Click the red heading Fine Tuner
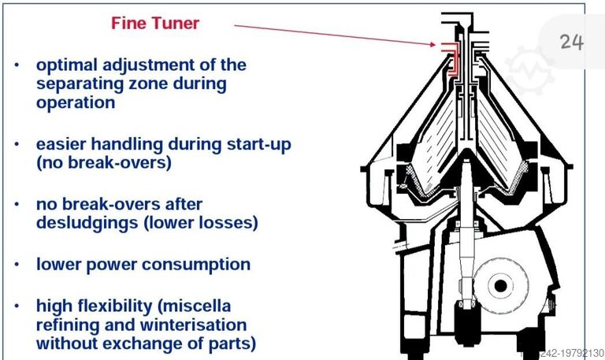[x=155, y=23]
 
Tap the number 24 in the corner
[x=572, y=42]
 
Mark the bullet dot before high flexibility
[x=17, y=306]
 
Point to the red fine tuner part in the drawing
[x=451, y=57]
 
